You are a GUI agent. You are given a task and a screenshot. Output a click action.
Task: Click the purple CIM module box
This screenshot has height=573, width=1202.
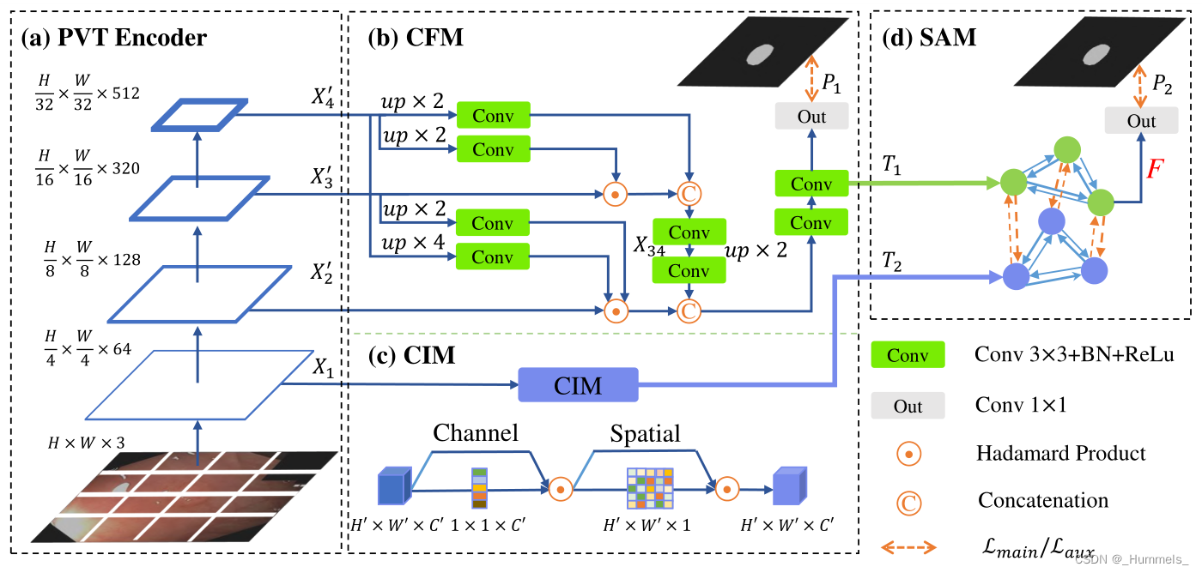tap(578, 385)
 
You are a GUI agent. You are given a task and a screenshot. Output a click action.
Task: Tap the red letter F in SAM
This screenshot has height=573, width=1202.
tap(1156, 168)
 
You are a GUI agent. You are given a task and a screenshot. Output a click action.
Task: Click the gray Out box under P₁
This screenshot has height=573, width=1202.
tap(811, 116)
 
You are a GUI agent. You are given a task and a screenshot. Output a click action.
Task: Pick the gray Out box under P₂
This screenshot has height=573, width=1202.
tap(1141, 121)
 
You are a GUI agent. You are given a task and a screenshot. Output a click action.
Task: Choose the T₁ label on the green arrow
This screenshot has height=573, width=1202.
tap(892, 166)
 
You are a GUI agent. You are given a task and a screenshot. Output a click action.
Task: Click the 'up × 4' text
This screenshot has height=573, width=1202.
tap(413, 243)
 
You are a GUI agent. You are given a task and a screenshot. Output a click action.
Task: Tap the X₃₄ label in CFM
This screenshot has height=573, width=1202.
tap(649, 248)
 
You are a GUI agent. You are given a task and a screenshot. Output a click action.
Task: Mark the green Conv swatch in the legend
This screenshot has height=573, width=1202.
tap(908, 355)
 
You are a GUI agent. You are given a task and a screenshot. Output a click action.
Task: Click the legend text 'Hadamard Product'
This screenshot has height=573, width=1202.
tap(1060, 453)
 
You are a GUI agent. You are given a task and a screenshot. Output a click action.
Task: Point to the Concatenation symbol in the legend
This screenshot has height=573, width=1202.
tap(908, 501)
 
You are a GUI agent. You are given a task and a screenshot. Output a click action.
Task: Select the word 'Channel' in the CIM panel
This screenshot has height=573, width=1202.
tap(475, 432)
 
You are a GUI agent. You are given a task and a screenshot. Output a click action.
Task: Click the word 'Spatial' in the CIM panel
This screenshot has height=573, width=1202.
tap(645, 434)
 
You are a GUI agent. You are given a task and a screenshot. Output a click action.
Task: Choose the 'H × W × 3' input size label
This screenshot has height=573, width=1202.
tap(85, 443)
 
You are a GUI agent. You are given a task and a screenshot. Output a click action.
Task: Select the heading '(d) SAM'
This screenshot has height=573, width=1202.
tap(929, 38)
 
